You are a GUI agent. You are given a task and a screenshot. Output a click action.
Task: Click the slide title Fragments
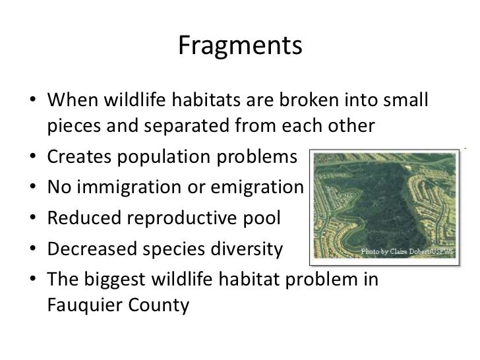point(240,45)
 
